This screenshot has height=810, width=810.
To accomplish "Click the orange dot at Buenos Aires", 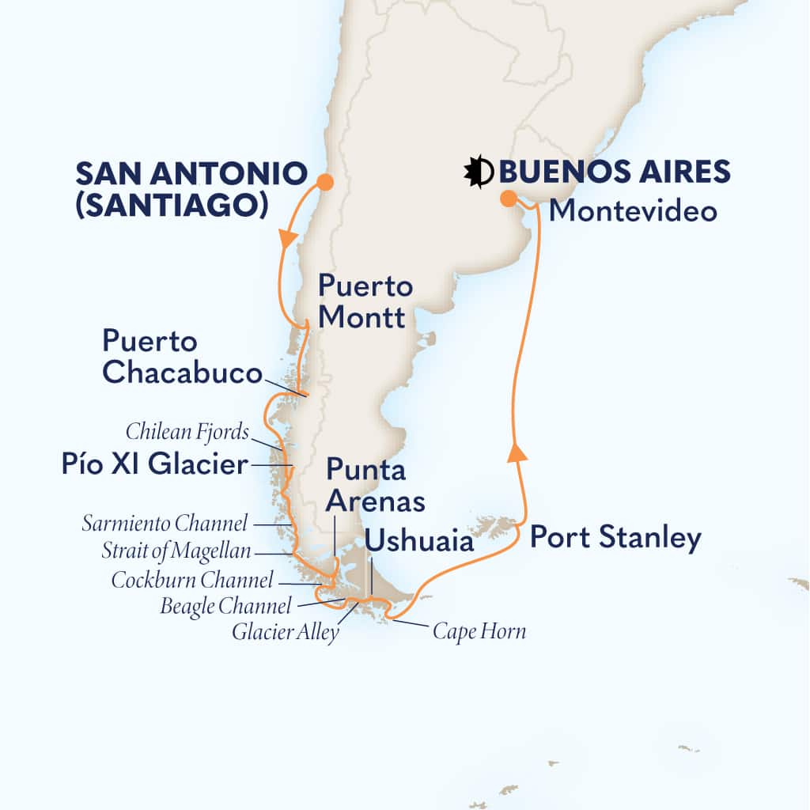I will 509,199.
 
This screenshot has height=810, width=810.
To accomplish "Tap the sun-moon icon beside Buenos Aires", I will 479,172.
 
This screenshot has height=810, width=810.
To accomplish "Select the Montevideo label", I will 633,211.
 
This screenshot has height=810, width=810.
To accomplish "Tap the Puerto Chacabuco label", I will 183,358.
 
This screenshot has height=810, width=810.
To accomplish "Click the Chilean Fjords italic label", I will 187,433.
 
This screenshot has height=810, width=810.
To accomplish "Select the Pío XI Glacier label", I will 154,464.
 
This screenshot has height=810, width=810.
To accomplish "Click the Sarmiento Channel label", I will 165,523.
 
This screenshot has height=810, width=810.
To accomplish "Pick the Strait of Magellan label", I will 176,551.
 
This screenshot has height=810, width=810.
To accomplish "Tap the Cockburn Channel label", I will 192,581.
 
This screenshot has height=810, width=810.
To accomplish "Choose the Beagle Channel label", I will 225,607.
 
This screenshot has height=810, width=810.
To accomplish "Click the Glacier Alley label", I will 285,632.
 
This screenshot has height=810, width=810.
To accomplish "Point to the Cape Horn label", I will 479,631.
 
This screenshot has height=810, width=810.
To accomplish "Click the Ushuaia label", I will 419,542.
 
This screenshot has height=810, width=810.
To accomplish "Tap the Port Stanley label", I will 615,538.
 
